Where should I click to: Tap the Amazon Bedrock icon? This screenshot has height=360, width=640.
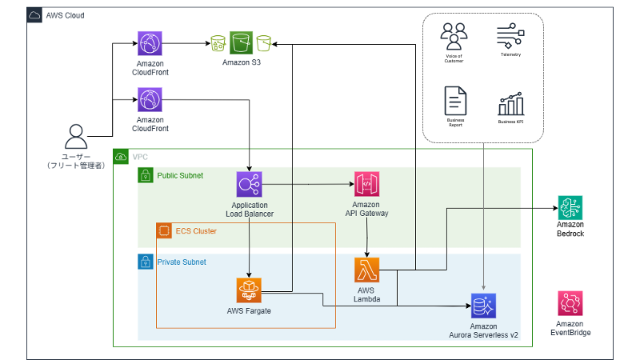tap(570, 208)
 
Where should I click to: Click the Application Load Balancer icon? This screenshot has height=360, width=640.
tap(250, 185)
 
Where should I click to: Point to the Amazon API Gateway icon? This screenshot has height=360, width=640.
tap(366, 185)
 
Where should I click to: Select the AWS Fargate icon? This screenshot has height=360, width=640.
tap(250, 289)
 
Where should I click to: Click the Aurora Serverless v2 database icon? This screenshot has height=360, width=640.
tap(485, 306)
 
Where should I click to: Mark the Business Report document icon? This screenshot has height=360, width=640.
tap(455, 102)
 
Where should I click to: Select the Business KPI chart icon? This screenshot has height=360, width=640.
tap(510, 103)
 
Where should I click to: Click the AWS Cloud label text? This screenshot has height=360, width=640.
tap(65, 16)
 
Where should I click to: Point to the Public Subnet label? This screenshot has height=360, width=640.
tap(180, 175)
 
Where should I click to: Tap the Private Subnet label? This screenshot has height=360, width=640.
tap(182, 262)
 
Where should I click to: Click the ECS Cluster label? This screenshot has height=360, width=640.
tap(196, 231)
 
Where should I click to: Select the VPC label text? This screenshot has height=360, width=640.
tap(140, 157)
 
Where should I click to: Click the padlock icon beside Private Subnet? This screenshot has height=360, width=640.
tap(146, 262)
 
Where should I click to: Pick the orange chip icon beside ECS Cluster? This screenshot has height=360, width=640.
tap(164, 231)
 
